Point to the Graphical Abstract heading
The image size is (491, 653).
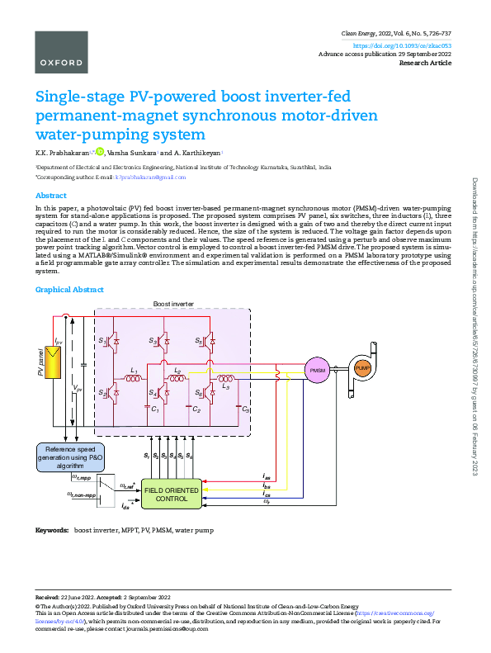[x=69, y=290]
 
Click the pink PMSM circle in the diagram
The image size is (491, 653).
[x=318, y=371]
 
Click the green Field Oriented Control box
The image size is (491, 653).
[x=171, y=494]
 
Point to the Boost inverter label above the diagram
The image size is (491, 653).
[x=173, y=305]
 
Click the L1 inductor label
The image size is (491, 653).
[x=133, y=370]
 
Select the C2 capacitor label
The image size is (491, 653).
[x=196, y=409]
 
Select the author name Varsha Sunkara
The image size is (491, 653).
[x=131, y=153]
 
